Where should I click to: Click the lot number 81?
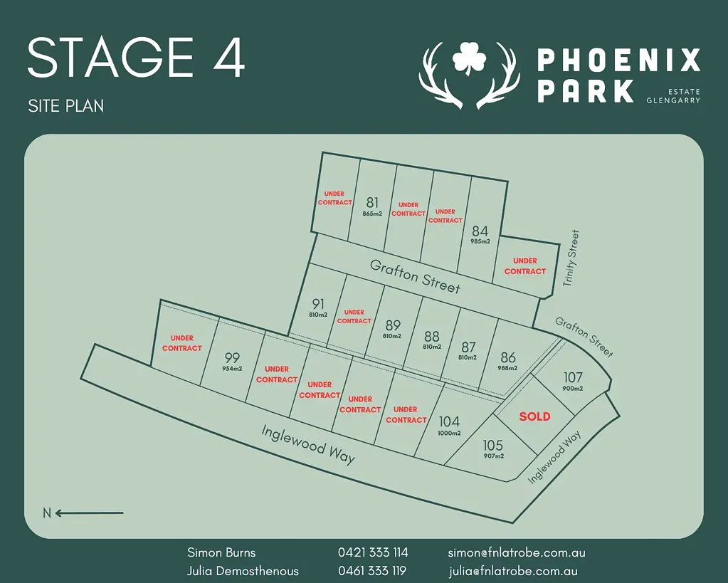tap(372, 203)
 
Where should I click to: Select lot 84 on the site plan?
tap(480, 231)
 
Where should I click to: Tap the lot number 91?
tap(318, 304)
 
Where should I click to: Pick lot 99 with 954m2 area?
tap(232, 358)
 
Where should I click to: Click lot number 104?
tap(449, 422)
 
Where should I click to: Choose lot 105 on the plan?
tap(493, 446)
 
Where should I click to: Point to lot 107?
tap(573, 377)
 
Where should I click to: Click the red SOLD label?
tap(534, 416)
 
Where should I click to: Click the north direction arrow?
tap(89, 513)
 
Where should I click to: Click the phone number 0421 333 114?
tap(373, 552)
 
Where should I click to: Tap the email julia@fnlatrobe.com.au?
tap(512, 571)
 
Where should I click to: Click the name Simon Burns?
tap(221, 552)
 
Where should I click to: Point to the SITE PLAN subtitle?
tap(66, 106)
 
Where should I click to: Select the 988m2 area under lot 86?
tap(507, 368)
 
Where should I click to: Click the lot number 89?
tap(392, 326)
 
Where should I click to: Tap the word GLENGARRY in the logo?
tap(673, 100)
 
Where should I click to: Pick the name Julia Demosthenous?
tap(243, 571)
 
